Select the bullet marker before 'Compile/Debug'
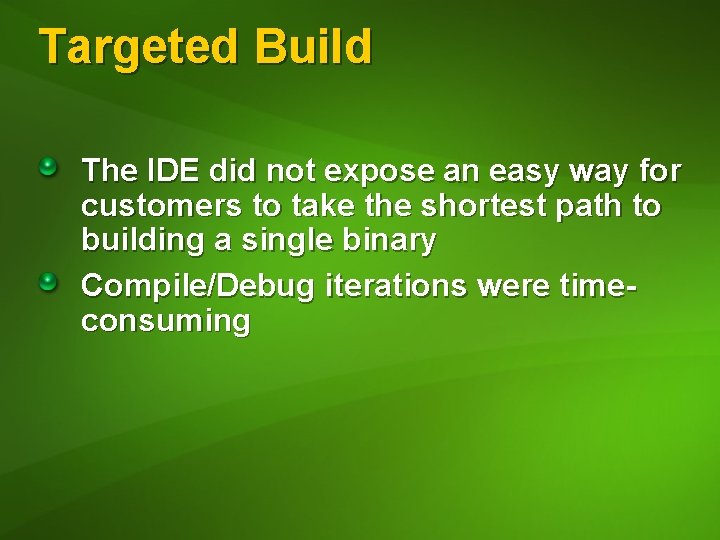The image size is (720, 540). [48, 284]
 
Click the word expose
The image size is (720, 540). [381, 171]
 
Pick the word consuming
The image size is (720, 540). [165, 322]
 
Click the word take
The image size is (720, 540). [317, 206]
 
